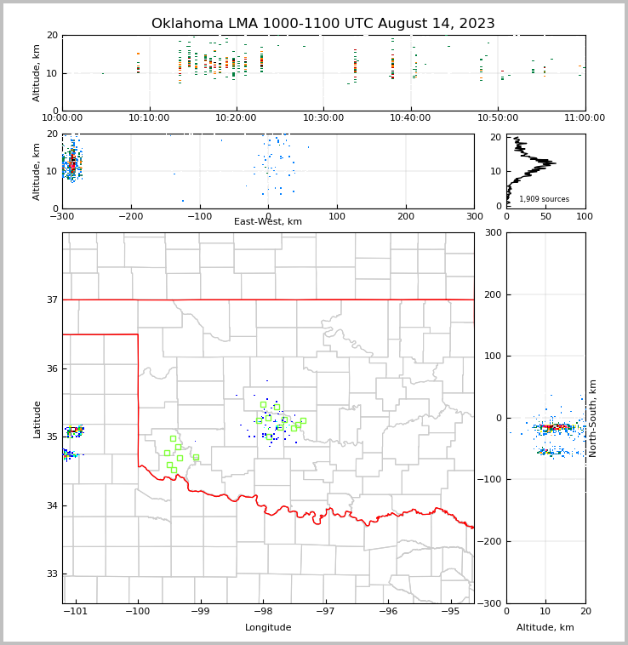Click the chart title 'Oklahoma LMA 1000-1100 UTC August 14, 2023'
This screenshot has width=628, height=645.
tap(323, 24)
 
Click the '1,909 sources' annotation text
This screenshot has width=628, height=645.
tap(544, 199)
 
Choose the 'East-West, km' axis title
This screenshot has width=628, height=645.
tap(268, 222)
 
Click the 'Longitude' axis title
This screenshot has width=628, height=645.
tap(268, 628)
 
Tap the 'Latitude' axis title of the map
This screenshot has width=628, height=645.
tap(37, 419)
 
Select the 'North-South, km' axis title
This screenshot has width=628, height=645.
tap(593, 418)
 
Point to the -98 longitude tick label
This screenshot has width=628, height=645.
tap(263, 611)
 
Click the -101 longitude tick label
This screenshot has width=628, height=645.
tap(75, 611)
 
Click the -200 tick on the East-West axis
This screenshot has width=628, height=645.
tap(130, 216)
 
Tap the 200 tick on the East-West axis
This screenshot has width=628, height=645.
tap(405, 216)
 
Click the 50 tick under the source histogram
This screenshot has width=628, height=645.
tap(545, 216)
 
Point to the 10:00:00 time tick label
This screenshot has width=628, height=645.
tap(62, 118)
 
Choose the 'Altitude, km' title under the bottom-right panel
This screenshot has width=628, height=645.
tap(545, 628)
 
